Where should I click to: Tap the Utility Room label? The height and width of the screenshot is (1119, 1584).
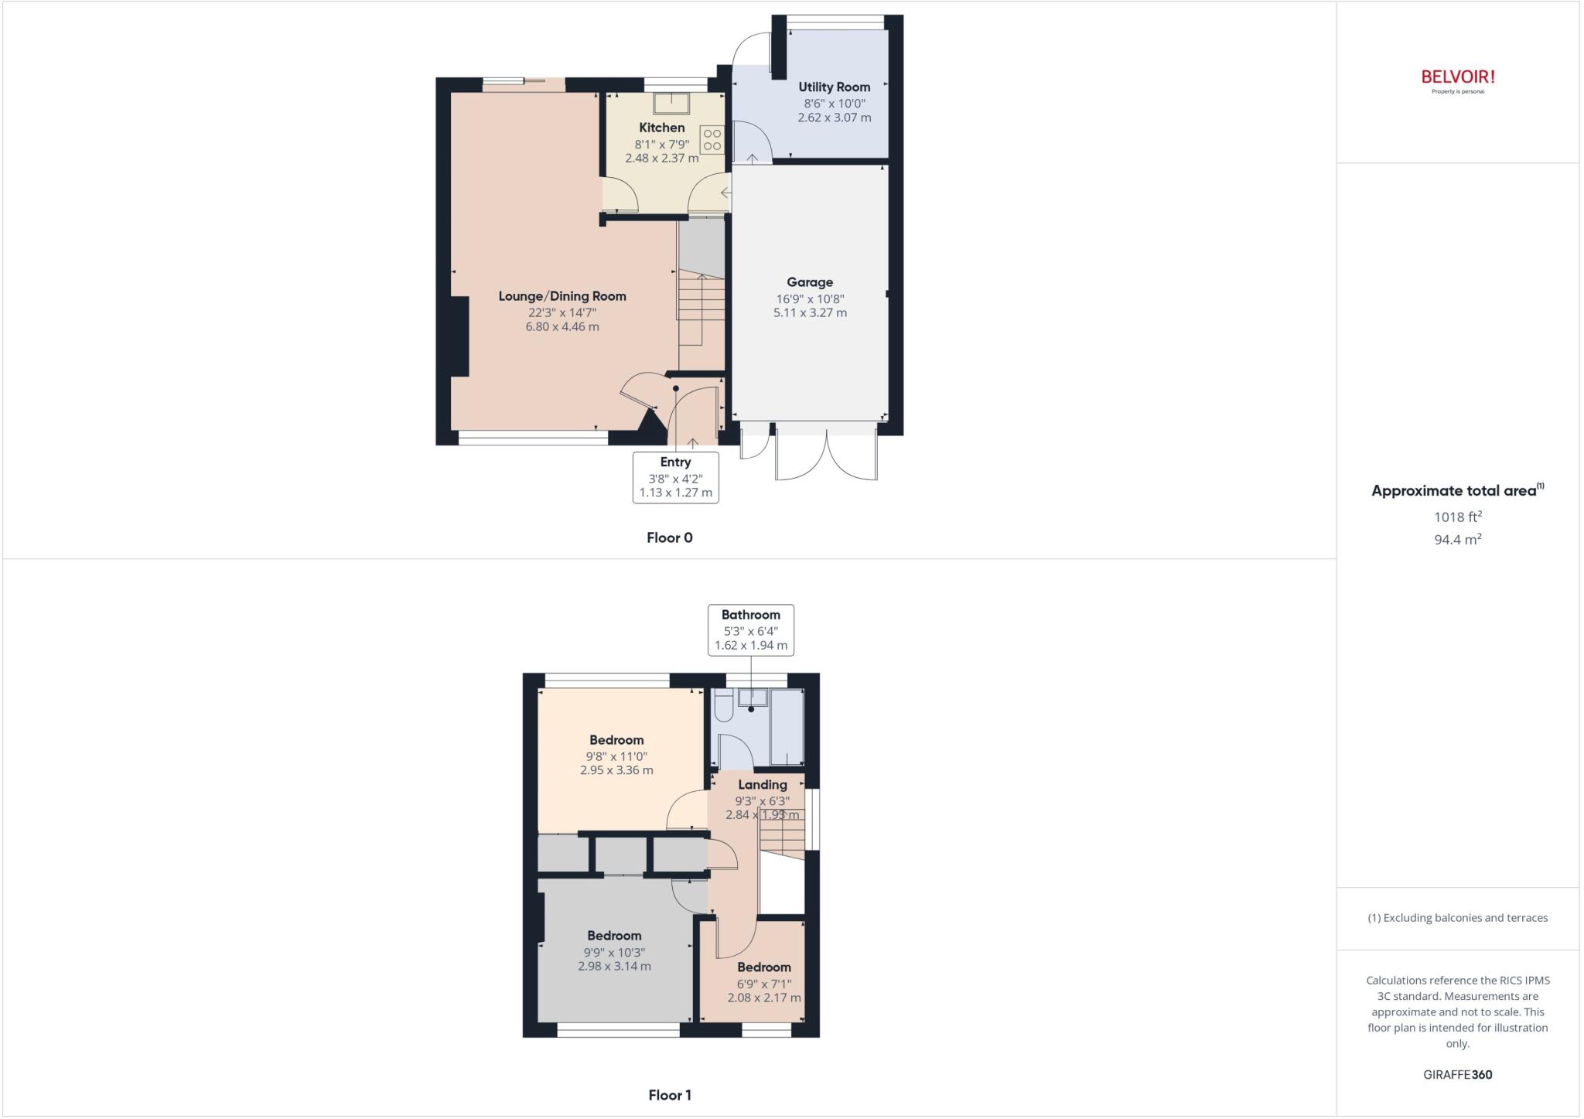834,87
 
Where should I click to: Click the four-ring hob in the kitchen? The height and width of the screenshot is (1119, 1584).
712,140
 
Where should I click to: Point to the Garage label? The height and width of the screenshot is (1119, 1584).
810,282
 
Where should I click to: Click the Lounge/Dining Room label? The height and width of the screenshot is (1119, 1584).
562,296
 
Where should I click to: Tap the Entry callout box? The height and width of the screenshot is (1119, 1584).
675,477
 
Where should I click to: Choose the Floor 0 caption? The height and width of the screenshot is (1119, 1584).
670,538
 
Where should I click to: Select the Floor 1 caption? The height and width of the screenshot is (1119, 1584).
670,1095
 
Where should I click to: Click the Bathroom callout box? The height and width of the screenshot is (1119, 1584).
750,629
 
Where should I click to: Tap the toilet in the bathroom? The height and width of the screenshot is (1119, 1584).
724,706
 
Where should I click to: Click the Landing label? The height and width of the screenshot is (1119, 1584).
762,785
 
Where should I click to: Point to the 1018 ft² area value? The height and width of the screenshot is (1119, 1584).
1458,517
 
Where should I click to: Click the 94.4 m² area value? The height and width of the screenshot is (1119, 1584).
1458,540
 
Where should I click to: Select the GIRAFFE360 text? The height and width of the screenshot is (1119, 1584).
1458,1075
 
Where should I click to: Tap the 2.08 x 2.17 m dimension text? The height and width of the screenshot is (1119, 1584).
764,998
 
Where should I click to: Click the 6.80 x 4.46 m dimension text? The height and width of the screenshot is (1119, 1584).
562,327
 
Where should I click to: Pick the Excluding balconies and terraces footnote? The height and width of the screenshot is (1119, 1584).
1458,918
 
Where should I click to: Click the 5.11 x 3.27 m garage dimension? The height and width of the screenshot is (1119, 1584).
810,313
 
